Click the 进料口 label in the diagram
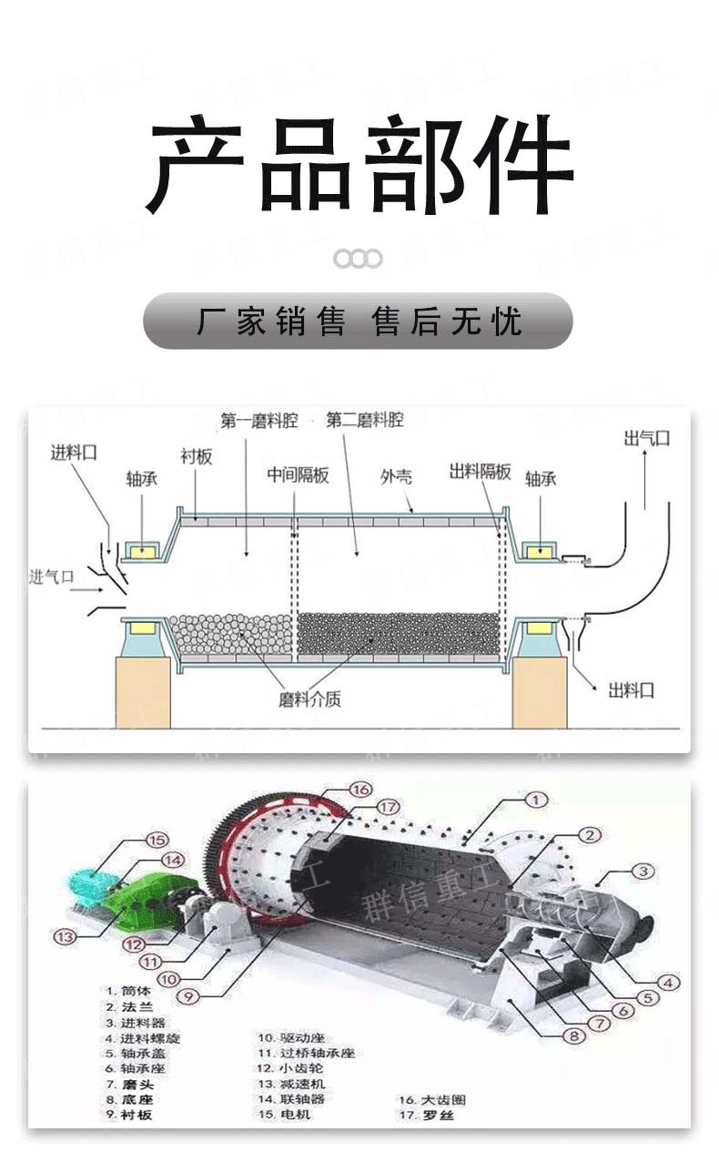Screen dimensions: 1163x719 pyautogui.click(x=74, y=451)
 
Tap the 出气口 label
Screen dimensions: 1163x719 pyautogui.click(x=646, y=438)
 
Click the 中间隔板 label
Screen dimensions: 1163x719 pyautogui.click(x=298, y=474)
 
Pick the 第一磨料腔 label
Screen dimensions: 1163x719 pyautogui.click(x=258, y=420)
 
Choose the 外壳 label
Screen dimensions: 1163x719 pyautogui.click(x=396, y=476)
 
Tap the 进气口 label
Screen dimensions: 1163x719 pyautogui.click(x=52, y=576)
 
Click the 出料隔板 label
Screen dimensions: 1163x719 pyautogui.click(x=480, y=472)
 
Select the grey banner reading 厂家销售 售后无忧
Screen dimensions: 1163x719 pyautogui.click(x=358, y=321)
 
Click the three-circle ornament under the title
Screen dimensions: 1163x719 pyautogui.click(x=358, y=259)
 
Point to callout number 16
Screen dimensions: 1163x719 pyautogui.click(x=360, y=789)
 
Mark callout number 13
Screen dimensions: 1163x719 pyautogui.click(x=64, y=935)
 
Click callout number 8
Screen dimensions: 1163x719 pyautogui.click(x=572, y=1035)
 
